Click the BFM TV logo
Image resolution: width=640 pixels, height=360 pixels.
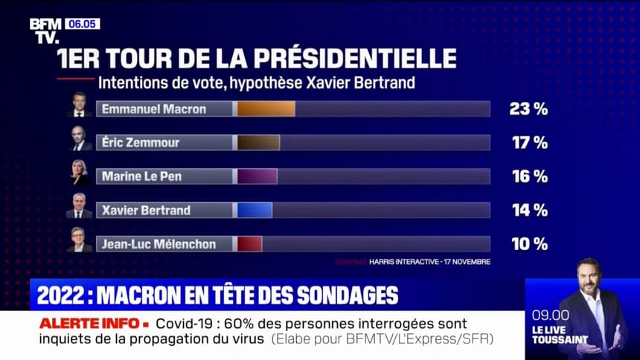tap(45, 30)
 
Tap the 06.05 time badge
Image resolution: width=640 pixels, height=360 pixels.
tap(82, 24)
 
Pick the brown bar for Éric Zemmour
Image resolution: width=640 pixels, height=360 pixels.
tap(258, 143)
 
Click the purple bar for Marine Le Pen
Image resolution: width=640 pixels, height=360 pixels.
tap(257, 176)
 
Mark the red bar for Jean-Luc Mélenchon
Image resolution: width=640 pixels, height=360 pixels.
tap(249, 244)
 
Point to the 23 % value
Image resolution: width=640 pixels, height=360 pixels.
tap(528, 109)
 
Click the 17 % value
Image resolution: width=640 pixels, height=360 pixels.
tap(529, 143)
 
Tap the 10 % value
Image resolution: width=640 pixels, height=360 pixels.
tap(529, 244)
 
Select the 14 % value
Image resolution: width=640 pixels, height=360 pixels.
tap(529, 210)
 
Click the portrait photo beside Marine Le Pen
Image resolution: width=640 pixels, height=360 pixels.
tap(79, 173)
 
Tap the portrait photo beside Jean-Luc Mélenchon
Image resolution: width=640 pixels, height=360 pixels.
tap(79, 240)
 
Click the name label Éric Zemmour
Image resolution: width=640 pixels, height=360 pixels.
tap(141, 143)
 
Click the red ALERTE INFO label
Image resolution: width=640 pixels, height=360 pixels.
tap(89, 324)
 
